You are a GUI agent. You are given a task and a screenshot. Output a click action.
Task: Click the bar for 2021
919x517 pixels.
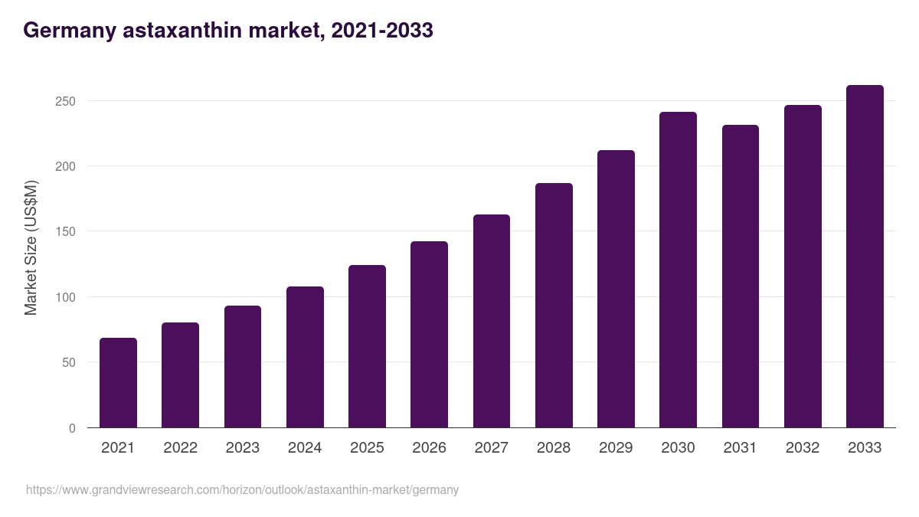point(118,383)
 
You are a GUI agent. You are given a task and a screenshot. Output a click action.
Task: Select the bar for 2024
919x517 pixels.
point(305,357)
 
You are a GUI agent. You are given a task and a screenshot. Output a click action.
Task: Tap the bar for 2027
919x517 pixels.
point(492,321)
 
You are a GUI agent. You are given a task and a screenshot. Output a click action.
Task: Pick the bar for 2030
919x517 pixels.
point(678,270)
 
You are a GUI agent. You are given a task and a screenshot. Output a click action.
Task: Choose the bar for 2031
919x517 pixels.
point(741,276)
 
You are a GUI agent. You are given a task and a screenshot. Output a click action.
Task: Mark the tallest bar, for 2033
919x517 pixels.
point(865,257)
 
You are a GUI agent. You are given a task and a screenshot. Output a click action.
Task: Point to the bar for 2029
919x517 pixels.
point(616,289)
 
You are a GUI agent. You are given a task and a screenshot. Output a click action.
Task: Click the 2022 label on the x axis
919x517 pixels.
point(180,448)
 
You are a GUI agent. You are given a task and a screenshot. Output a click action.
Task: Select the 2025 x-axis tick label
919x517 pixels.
point(367,448)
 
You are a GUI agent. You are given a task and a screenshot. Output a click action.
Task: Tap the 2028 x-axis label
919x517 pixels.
point(554,448)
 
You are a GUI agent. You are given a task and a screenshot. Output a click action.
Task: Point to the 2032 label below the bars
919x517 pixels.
point(803,448)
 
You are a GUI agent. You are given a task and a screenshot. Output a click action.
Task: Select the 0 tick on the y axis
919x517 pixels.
point(72,428)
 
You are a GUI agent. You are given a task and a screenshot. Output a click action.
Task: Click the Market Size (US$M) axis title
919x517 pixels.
point(31,247)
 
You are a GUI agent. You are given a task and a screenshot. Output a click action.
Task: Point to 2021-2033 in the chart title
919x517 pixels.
point(381,31)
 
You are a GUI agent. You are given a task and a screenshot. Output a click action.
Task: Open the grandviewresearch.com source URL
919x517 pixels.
point(242,490)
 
